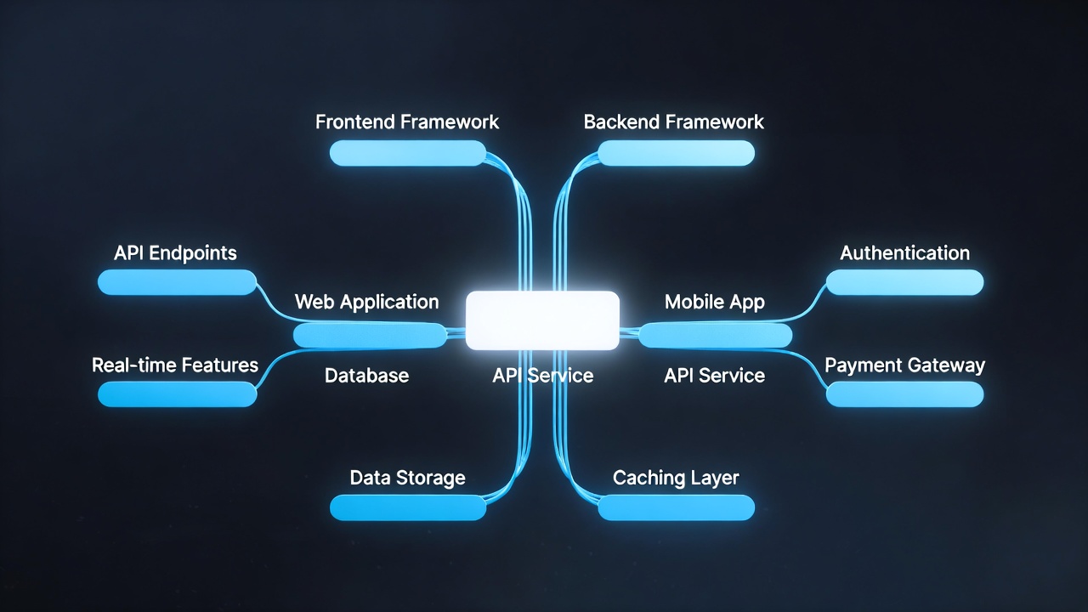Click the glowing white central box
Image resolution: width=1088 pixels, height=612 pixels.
(542, 320)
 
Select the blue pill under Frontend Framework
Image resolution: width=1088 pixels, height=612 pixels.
(407, 153)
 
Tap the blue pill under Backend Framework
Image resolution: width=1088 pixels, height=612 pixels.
(676, 153)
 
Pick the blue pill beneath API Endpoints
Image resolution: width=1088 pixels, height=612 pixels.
(177, 282)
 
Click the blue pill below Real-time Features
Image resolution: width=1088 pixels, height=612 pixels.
(177, 394)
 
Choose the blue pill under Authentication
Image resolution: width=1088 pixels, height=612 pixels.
(904, 282)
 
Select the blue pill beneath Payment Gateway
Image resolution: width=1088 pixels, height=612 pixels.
(904, 394)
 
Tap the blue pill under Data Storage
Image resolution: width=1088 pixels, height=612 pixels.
(407, 507)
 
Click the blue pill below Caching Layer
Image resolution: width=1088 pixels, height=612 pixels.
(676, 507)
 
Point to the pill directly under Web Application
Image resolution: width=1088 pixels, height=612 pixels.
(370, 335)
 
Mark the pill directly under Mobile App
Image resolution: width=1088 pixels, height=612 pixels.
(715, 335)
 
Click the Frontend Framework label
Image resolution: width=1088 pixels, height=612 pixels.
(407, 122)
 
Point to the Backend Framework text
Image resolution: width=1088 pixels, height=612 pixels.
(674, 122)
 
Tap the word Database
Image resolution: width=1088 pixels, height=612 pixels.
(366, 375)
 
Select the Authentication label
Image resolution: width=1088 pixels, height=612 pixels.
(904, 252)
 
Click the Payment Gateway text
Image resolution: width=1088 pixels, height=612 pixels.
(904, 365)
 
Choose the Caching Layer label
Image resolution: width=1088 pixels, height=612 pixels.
(676, 478)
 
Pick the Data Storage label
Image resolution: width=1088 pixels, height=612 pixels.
(407, 478)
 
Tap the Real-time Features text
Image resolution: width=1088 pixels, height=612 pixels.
(175, 365)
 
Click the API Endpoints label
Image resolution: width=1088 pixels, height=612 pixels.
(175, 252)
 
